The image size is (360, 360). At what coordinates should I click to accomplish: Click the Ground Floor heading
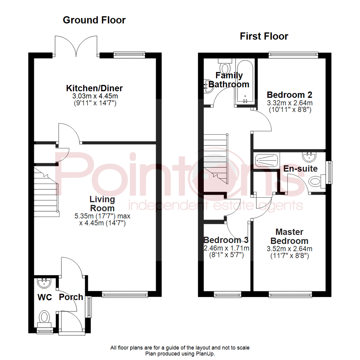(94, 20)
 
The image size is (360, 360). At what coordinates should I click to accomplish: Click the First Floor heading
(264, 36)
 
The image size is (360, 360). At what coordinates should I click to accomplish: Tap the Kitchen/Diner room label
(95, 88)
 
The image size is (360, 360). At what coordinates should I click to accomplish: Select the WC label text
(44, 297)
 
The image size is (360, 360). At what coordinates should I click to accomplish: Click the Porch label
(71, 297)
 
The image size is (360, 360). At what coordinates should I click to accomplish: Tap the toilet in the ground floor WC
(44, 317)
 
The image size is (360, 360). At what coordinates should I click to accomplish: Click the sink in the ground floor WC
(44, 283)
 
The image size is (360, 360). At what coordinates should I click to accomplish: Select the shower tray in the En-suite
(266, 160)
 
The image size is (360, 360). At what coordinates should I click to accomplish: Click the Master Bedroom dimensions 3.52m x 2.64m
(289, 249)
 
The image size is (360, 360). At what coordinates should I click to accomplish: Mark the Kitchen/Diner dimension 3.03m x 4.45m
(95, 96)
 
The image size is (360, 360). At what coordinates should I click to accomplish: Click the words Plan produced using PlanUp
(180, 353)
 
